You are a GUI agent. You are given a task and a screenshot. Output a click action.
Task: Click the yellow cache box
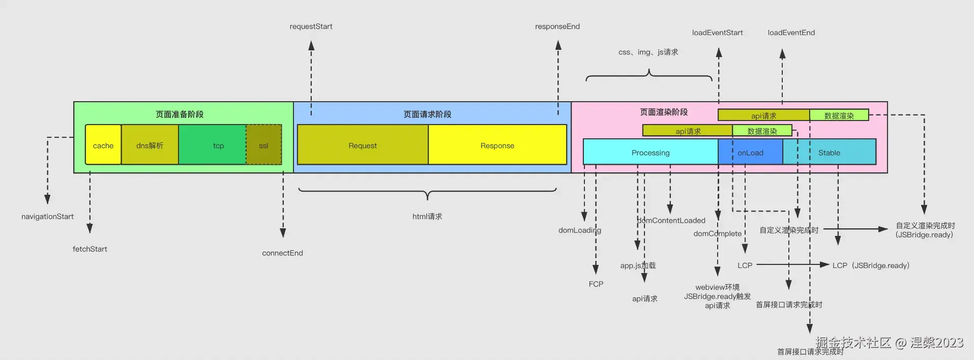pyautogui.click(x=103, y=145)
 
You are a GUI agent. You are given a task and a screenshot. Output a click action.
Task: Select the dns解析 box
pyautogui.click(x=150, y=145)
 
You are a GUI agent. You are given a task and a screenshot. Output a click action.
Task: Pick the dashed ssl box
pyautogui.click(x=263, y=145)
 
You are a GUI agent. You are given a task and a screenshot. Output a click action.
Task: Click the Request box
pyautogui.click(x=363, y=145)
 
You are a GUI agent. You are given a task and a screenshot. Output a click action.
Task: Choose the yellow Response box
pyautogui.click(x=497, y=145)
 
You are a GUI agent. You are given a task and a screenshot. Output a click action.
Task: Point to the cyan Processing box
pyautogui.click(x=650, y=152)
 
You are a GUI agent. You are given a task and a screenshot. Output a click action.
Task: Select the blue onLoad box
pyautogui.click(x=750, y=152)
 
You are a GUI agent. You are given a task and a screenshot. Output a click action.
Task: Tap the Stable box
pyautogui.click(x=829, y=152)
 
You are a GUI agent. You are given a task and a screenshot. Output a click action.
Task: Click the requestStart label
pyautogui.click(x=311, y=26)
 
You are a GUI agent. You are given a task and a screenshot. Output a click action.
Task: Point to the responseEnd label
pyautogui.click(x=557, y=26)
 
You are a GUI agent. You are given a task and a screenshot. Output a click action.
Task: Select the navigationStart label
pyautogui.click(x=47, y=217)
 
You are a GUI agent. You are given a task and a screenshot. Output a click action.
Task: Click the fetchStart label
pyautogui.click(x=90, y=249)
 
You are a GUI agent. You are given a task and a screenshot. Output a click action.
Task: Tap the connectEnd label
pyautogui.click(x=282, y=253)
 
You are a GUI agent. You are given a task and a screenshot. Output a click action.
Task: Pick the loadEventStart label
pyautogui.click(x=717, y=33)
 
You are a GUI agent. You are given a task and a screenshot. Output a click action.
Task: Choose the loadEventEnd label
pyautogui.click(x=791, y=33)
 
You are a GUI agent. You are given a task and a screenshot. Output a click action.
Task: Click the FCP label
pyautogui.click(x=596, y=284)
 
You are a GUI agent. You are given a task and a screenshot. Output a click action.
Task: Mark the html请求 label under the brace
pyautogui.click(x=427, y=217)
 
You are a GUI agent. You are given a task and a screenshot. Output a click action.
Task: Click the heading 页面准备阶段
pyautogui.click(x=180, y=114)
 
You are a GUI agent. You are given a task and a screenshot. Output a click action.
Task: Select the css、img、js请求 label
pyautogui.click(x=648, y=52)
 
